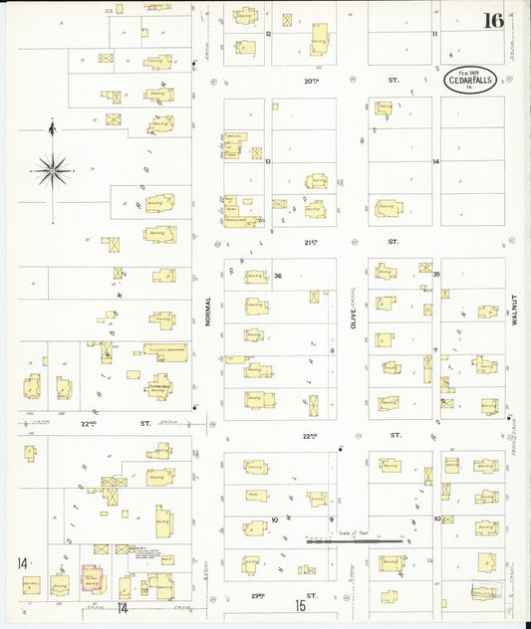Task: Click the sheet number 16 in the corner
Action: pos(493,21)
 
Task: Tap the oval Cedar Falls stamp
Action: pos(470,80)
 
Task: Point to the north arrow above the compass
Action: pos(52,127)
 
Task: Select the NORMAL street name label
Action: pos(208,313)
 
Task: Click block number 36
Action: pos(279,276)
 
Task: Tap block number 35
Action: pos(436,274)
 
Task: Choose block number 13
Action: pos(269,161)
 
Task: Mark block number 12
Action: pos(269,33)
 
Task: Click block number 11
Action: pos(434,33)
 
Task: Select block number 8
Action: pos(332,350)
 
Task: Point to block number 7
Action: pos(435,350)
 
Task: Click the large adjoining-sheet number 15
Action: pos(300,605)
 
